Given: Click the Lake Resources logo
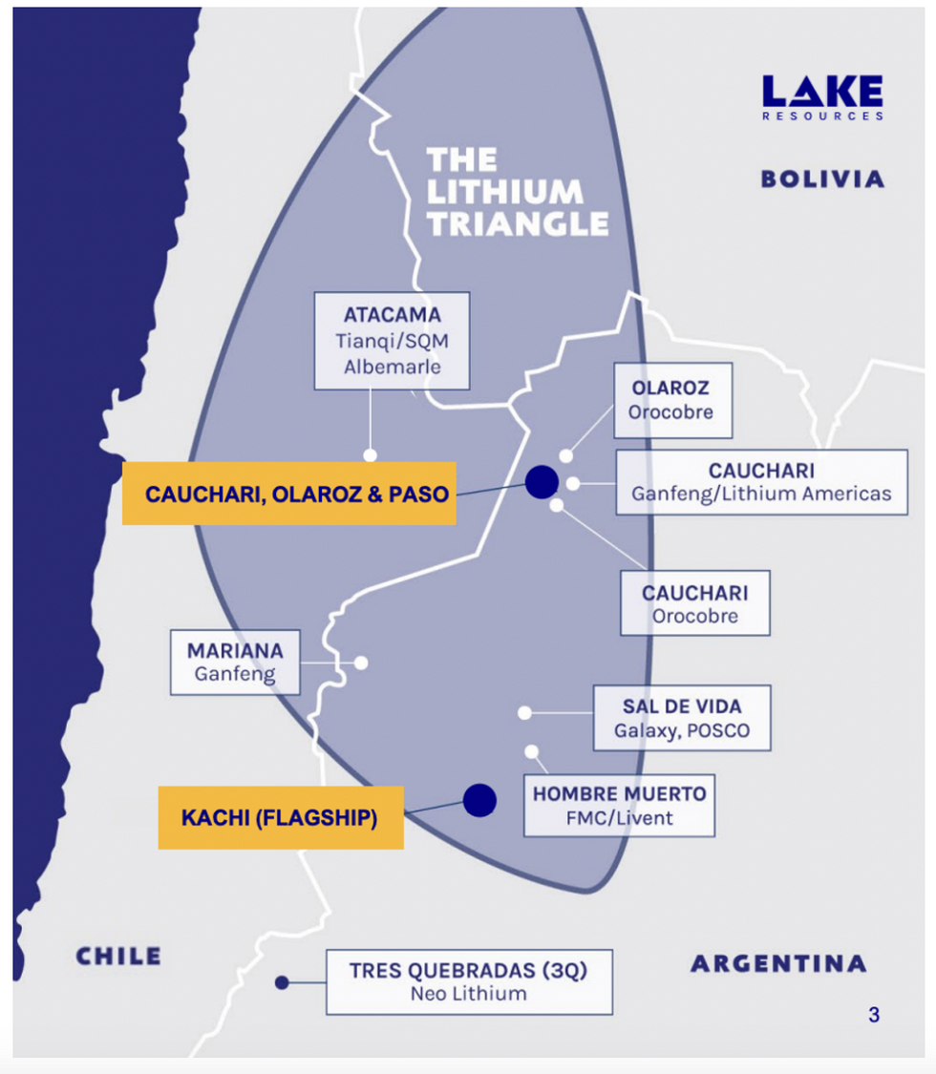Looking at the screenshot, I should [822, 97].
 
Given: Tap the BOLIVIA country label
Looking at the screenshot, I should [822, 179].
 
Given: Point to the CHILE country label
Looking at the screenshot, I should [118, 956].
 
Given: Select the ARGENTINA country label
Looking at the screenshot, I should [778, 963].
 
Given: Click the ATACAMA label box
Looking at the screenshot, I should [393, 340].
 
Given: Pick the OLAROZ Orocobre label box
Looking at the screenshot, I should [671, 400].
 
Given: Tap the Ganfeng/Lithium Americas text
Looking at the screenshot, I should [761, 494].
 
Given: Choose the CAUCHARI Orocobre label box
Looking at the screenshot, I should [694, 603].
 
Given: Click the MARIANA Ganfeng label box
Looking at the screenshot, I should [235, 662].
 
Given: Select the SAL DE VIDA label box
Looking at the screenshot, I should [682, 718].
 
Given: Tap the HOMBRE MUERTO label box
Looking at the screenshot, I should [619, 805].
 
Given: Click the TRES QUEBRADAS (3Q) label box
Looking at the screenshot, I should [468, 981].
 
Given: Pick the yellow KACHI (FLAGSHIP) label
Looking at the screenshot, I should [280, 818].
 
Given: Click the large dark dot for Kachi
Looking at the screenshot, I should [479, 800].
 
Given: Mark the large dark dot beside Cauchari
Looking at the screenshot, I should [541, 482].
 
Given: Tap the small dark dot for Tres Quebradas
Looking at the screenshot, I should [281, 981].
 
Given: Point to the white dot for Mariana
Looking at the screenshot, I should [361, 663].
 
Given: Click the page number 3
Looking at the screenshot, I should [873, 1015].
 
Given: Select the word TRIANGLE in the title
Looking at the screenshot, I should [518, 223].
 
